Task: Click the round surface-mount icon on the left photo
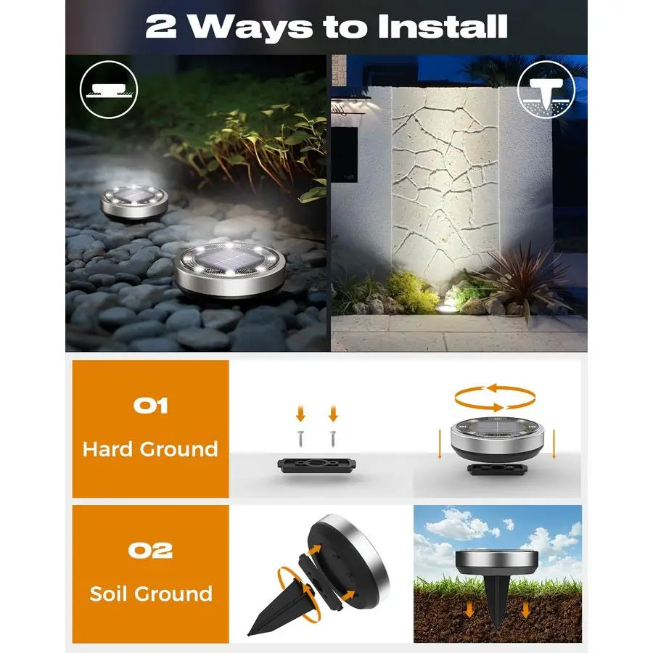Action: point(109,89)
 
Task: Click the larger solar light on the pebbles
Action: point(229,270)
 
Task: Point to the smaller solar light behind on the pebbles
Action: point(134,201)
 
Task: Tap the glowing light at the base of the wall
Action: point(442,308)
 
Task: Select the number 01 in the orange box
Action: point(150,405)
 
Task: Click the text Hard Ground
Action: point(150,449)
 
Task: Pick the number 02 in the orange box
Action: point(150,550)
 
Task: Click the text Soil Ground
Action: point(151,594)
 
